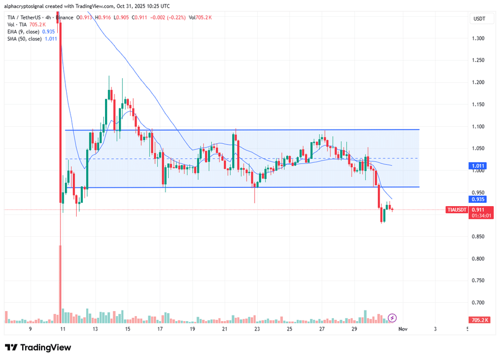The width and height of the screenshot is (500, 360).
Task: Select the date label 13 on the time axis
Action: pos(96,329)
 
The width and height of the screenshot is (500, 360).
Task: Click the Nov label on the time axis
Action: pos(403,329)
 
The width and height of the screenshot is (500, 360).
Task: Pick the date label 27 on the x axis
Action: pos(322,329)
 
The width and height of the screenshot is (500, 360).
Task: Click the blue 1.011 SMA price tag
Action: pos(478,166)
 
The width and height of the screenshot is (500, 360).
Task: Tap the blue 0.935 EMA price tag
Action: pos(478,199)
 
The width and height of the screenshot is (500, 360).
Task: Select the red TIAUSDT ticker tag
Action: pos(458,210)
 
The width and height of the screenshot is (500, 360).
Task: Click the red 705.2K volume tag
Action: pos(478,321)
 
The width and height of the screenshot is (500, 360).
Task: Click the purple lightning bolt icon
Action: pos(392,318)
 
